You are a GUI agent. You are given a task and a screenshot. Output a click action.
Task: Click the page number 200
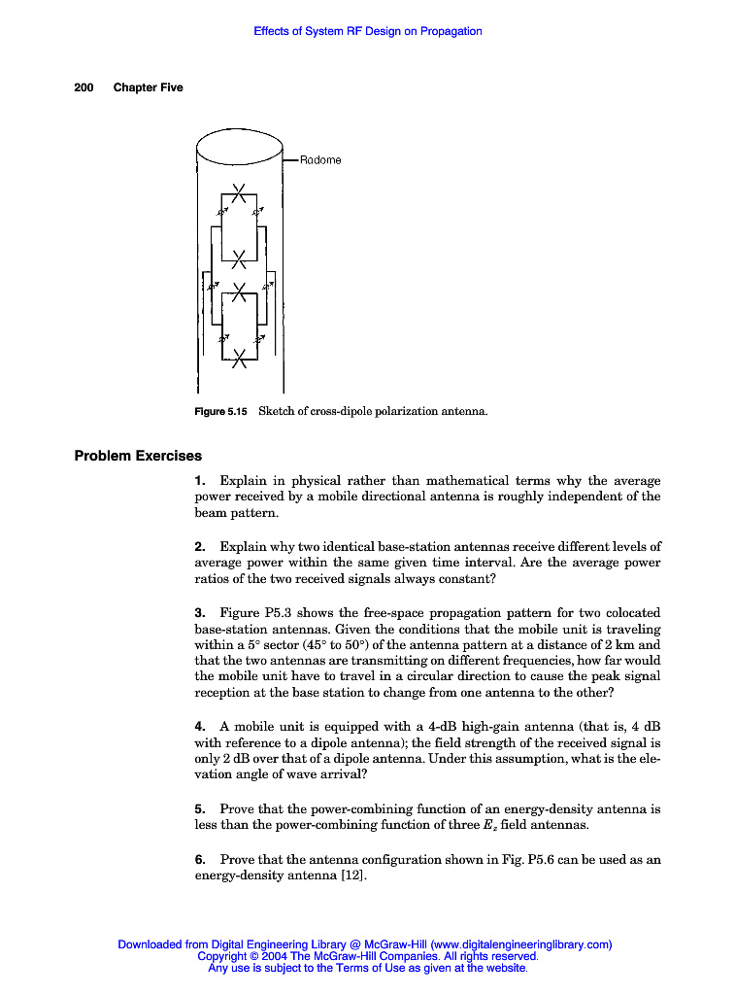(84, 87)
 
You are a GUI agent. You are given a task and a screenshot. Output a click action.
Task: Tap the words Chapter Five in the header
(148, 87)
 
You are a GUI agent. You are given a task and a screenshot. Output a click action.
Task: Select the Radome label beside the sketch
(320, 160)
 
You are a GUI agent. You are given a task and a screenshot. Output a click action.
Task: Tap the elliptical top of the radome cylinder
(239, 149)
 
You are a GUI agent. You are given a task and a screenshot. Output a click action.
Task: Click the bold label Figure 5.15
(221, 411)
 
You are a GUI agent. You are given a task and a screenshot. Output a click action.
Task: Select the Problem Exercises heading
(138, 455)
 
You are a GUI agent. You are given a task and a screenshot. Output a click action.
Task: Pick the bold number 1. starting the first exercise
(199, 481)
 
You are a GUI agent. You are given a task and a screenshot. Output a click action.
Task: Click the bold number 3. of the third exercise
(199, 613)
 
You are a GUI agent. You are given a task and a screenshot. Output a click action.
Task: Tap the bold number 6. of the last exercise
(199, 859)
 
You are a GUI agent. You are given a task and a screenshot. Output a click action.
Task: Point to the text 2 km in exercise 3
(616, 645)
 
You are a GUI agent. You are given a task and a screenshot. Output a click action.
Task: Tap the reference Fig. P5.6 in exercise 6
(502, 859)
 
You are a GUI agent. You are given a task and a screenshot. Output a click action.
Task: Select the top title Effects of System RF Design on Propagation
(368, 31)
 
